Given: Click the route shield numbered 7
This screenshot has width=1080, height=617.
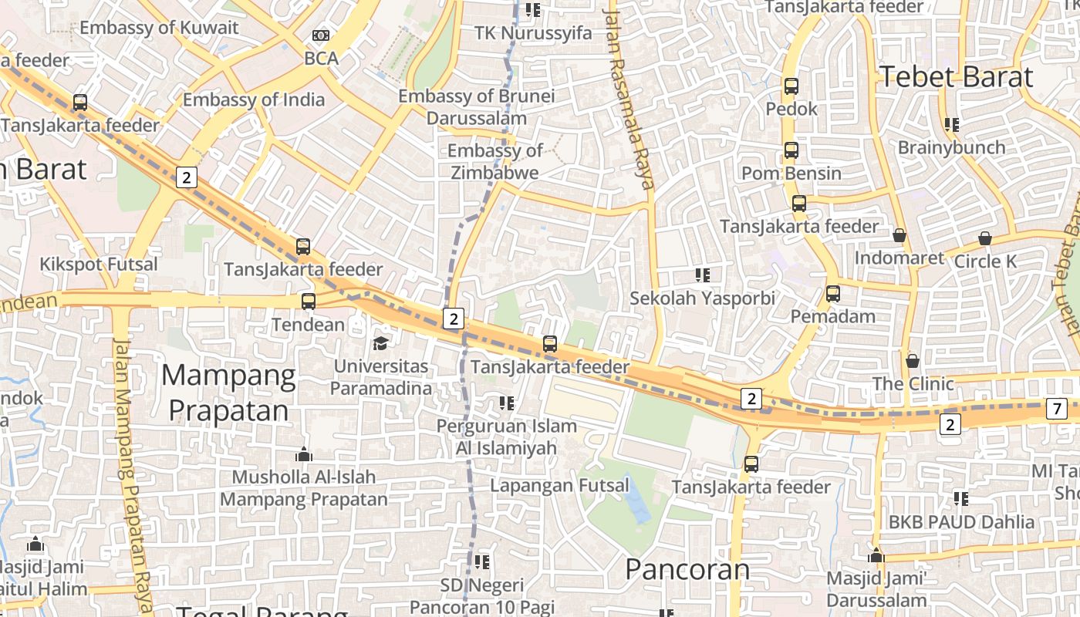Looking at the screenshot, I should pos(1057,409).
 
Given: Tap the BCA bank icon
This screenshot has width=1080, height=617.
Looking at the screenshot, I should pos(321,35).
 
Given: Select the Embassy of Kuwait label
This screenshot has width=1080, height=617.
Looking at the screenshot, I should pos(159,28).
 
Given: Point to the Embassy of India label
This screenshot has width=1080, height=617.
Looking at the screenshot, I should pos(254,99).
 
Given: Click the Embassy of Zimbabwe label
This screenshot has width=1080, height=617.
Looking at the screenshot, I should pos(494,161).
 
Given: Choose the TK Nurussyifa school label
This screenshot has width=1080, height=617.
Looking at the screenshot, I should pos(533,32).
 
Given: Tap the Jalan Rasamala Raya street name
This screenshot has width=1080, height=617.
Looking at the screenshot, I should pos(630,96).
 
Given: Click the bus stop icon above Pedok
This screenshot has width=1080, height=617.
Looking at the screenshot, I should pos(791,86).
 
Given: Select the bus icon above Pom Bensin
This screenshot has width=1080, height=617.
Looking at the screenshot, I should pos(791,150).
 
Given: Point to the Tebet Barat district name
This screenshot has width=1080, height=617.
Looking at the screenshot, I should pos(956,77).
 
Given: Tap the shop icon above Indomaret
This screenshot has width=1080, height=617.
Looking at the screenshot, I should pos(899,235).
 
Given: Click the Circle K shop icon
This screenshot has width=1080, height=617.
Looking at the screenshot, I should pos(985,238).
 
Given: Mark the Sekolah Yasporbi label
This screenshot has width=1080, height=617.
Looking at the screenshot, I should pos(703,298).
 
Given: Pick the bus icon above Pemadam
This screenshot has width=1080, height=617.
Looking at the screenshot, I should pos(833,294).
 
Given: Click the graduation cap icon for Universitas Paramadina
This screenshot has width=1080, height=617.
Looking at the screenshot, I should pos(381,342).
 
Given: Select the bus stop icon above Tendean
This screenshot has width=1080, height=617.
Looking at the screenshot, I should pos(309,302).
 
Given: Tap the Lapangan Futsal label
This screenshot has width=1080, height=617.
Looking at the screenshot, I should pos(560,486).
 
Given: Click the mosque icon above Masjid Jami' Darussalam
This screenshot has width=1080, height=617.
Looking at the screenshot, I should pos(876,555).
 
